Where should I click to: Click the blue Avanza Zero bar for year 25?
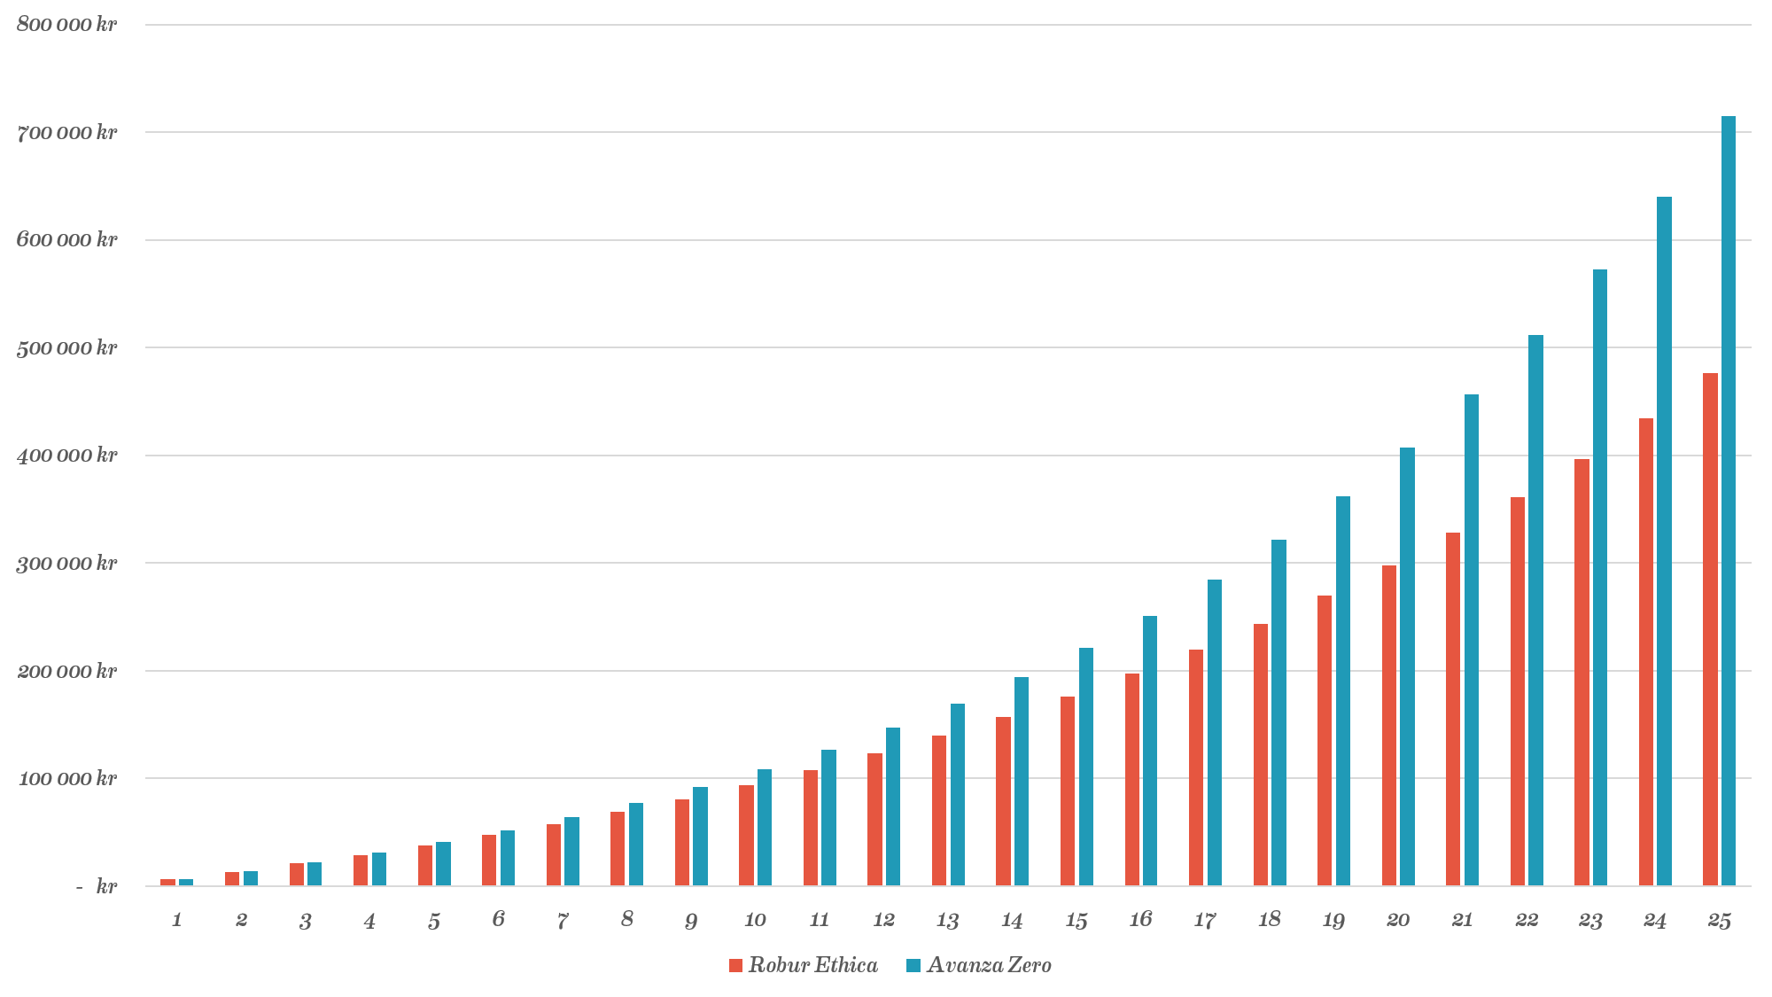coord(1728,501)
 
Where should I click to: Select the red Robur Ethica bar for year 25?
coord(1710,629)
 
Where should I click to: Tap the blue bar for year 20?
coord(1407,666)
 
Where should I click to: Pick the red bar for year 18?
coord(1260,755)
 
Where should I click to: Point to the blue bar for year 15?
coord(1085,767)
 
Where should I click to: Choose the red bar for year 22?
coord(1518,691)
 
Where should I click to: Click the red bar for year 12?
coord(874,820)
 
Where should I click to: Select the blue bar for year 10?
coord(764,828)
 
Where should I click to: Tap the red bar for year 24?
coord(1645,652)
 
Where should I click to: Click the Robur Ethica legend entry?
coord(804,965)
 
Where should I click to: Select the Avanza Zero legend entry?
coord(979,965)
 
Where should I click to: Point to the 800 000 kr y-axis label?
coord(66,25)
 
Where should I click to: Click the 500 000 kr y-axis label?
coord(66,347)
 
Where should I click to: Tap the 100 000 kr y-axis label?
coord(66,779)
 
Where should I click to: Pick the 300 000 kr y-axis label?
coord(66,564)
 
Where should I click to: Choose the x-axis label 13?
coord(947,920)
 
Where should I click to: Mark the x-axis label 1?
coord(176,920)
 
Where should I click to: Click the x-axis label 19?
coord(1333,920)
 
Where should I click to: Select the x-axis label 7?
coord(563,920)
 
